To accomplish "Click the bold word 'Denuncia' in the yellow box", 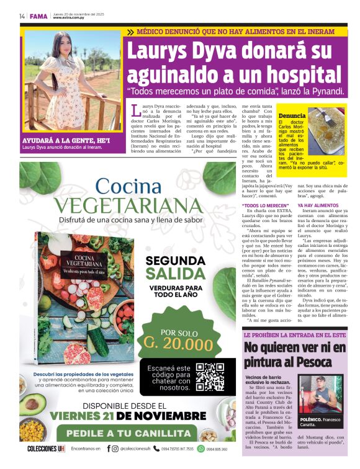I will tap(292, 116).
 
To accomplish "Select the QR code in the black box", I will tap(210, 377).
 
